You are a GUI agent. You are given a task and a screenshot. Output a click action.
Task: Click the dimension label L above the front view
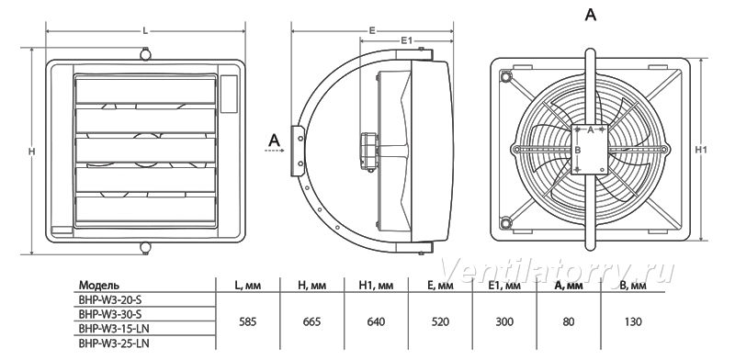(145, 31)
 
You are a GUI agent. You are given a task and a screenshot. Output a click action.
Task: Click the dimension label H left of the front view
(32, 151)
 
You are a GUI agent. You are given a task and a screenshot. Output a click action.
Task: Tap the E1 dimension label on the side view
(406, 40)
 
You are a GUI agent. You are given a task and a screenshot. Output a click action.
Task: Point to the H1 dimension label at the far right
(700, 150)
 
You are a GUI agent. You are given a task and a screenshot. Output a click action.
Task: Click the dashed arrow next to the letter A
(275, 151)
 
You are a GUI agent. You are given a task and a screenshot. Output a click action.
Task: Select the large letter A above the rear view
(591, 15)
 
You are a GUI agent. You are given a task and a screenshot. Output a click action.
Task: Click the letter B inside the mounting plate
(578, 150)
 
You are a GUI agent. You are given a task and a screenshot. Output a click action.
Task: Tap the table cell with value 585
(247, 321)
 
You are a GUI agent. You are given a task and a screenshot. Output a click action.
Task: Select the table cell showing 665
(311, 321)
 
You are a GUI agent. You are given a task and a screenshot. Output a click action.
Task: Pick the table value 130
(633, 321)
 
